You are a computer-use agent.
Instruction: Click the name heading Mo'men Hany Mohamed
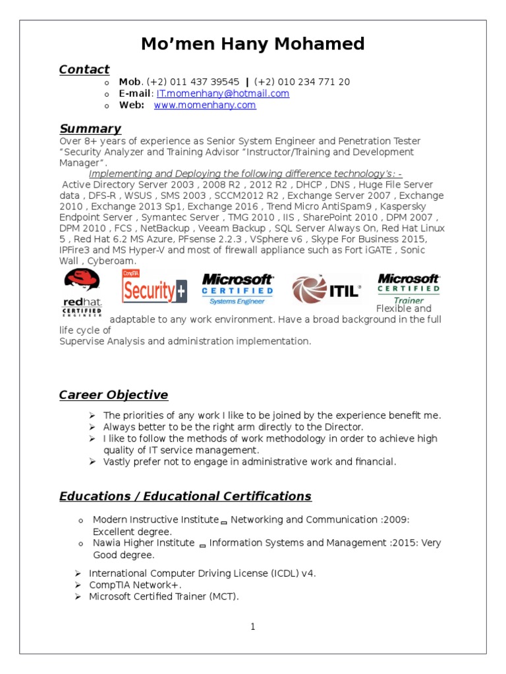[253, 44]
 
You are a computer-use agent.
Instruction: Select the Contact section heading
[84, 69]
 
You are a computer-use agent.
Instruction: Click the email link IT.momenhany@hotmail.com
[223, 93]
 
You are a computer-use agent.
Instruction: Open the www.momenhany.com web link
[205, 105]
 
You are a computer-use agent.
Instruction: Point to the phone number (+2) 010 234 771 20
[302, 82]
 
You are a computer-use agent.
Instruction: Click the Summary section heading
[90, 128]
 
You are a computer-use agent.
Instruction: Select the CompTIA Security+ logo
[154, 287]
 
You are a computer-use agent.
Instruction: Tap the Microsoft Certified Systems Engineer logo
[237, 289]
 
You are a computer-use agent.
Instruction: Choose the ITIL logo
[327, 289]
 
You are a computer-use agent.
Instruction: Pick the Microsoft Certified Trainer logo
[408, 288]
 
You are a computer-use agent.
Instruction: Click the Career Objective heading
[113, 395]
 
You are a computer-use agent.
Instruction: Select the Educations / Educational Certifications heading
[185, 496]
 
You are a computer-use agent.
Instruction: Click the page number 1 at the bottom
[252, 627]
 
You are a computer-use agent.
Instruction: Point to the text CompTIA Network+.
[135, 585]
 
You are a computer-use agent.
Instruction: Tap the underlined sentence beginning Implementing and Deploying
[245, 174]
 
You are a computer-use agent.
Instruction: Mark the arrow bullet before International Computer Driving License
[77, 573]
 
